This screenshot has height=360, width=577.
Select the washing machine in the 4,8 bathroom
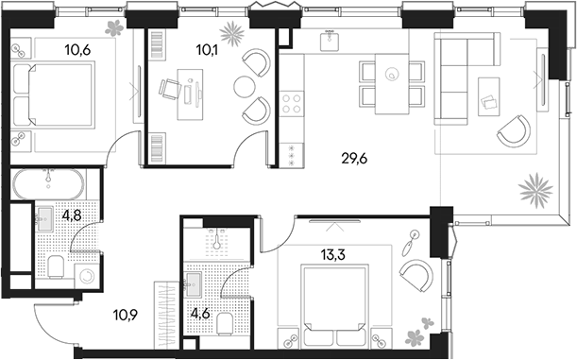[x=86, y=277]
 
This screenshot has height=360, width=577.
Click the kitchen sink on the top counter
[x=329, y=43]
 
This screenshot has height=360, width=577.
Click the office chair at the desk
[x=170, y=90]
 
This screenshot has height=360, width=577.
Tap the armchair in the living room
[x=513, y=129]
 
